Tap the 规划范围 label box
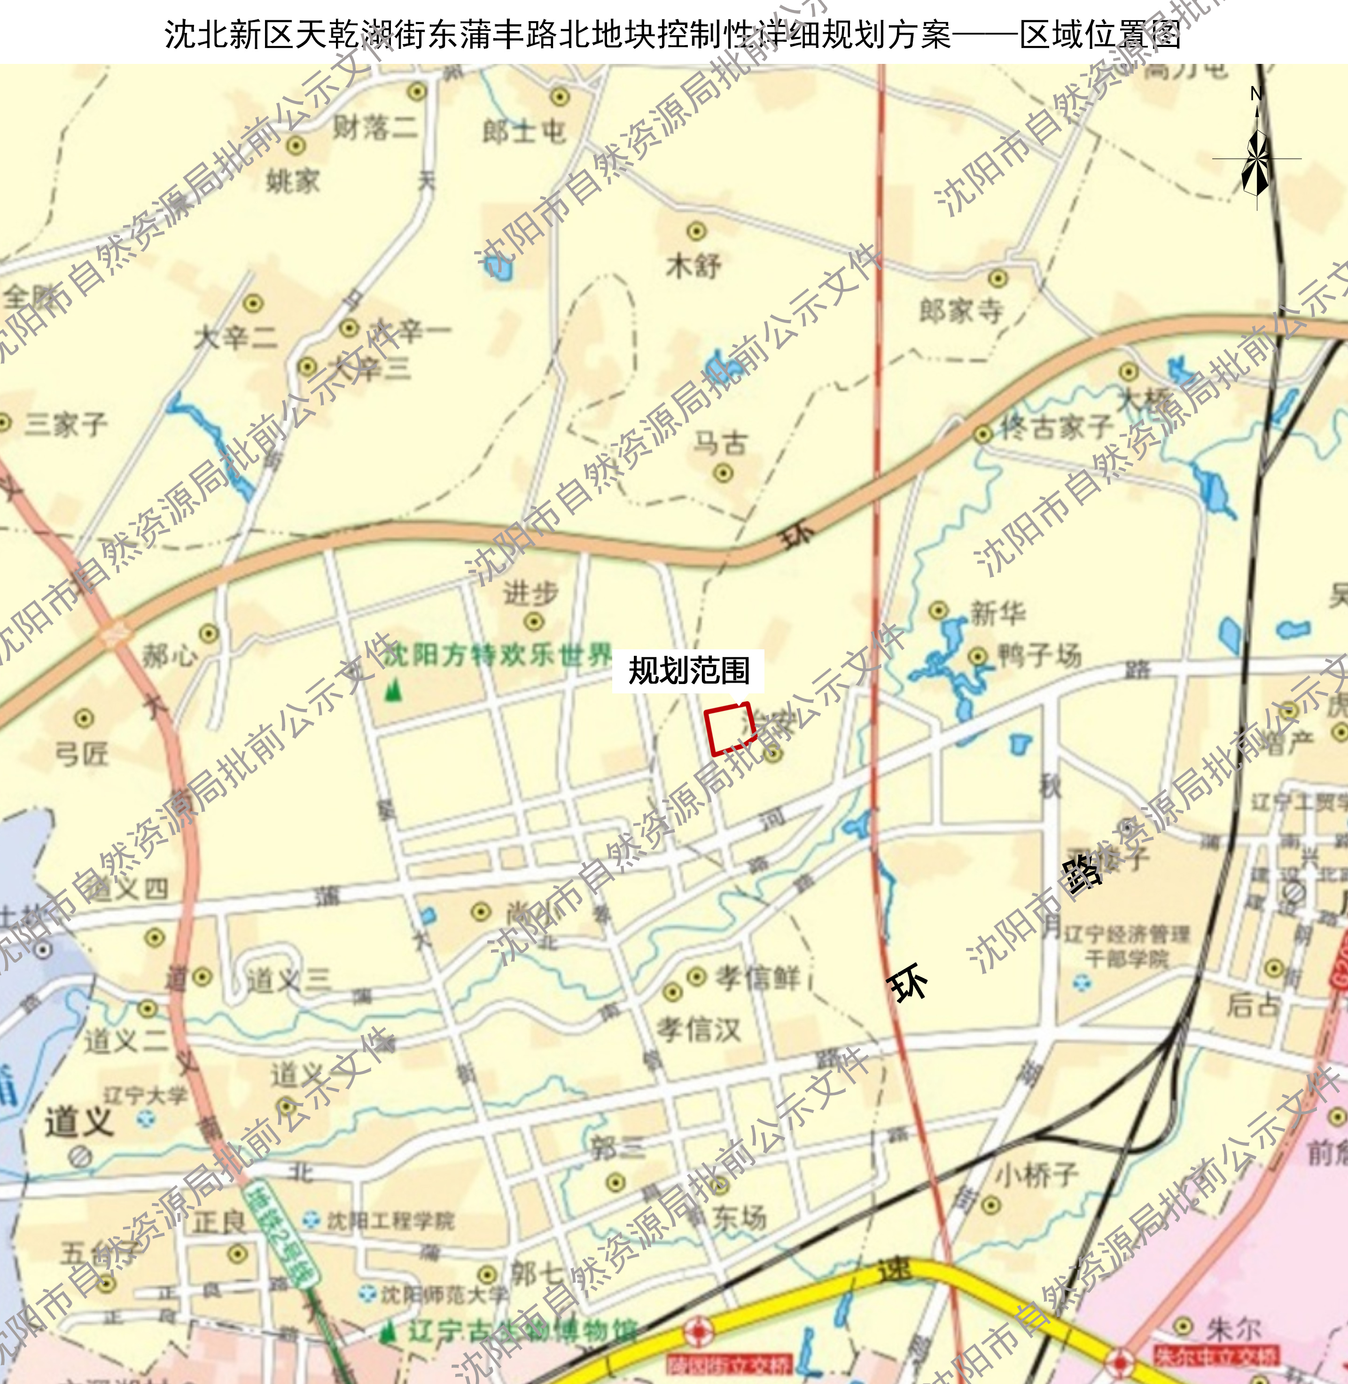pos(688,670)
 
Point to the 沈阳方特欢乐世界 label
pos(498,655)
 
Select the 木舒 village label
pos(693,266)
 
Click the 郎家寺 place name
pos(961,310)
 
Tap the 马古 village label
pos(720,444)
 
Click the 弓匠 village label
pos(82,754)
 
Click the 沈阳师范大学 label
pos(444,1295)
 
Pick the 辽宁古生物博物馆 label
pos(522,1331)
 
